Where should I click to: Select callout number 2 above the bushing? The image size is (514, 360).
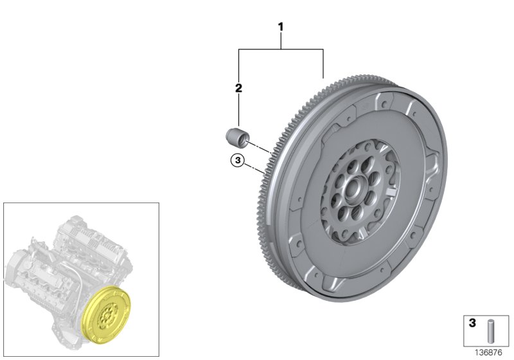tap(238, 88)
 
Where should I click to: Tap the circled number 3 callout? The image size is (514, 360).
tap(237, 161)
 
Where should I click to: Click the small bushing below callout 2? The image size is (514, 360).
tap(236, 138)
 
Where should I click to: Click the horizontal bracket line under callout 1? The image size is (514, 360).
tap(281, 49)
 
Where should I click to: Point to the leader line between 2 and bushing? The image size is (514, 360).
tap(238, 110)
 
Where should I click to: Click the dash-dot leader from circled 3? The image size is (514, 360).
tap(255, 169)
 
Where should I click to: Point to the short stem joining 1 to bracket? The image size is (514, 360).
tap(281, 40)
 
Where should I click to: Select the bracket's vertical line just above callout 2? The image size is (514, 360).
tap(238, 64)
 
